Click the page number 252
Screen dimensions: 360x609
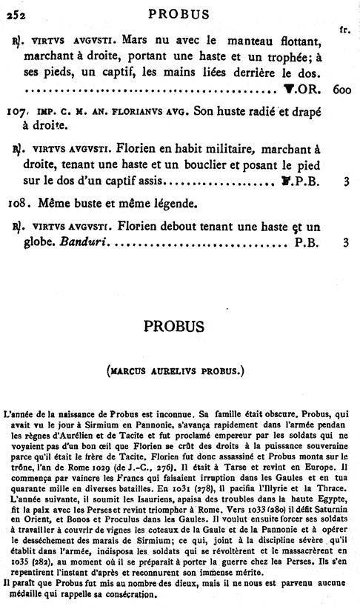(13, 13)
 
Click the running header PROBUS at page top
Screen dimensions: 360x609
(179, 13)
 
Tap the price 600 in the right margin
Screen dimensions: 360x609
(341, 90)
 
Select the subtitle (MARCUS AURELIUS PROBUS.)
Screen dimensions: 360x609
(179, 369)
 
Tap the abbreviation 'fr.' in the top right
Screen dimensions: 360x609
(343, 30)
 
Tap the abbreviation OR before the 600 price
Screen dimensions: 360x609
(308, 90)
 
